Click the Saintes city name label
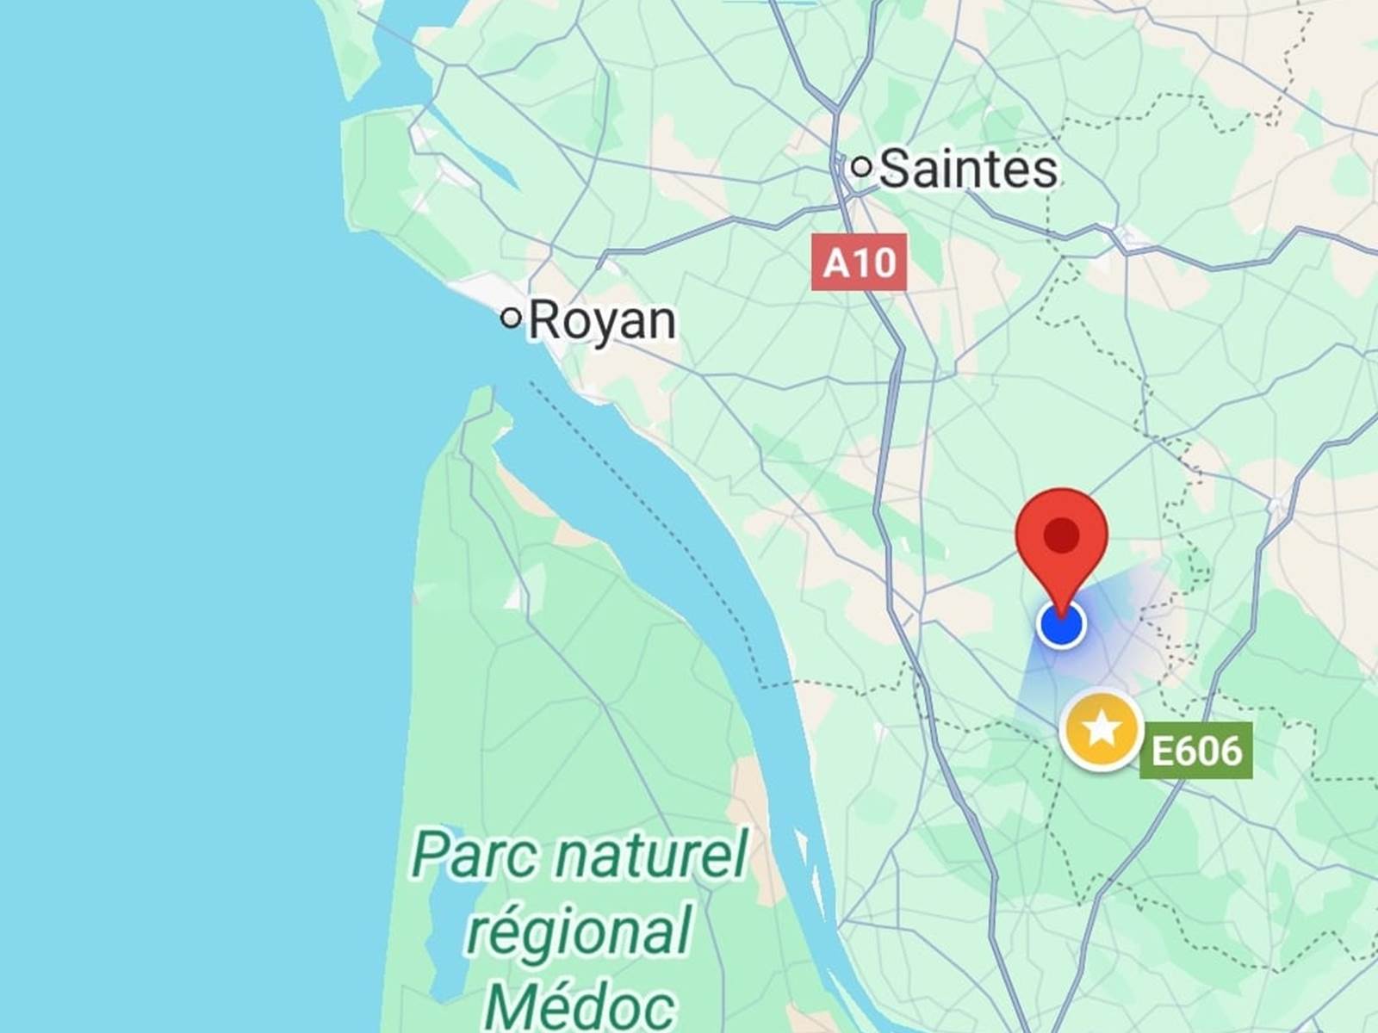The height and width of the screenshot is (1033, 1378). [x=969, y=169]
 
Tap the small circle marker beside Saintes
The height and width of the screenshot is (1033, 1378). [x=861, y=166]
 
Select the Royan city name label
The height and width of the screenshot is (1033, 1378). [x=602, y=321]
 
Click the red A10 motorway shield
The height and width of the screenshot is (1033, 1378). [x=859, y=262]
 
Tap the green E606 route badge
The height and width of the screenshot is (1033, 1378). [x=1195, y=751]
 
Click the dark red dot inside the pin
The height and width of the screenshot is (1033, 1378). [x=1061, y=535]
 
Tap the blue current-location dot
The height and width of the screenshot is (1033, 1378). [x=1061, y=624]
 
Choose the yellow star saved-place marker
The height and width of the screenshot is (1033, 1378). [x=1102, y=730]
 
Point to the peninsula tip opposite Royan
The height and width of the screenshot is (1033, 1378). [x=482, y=405]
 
